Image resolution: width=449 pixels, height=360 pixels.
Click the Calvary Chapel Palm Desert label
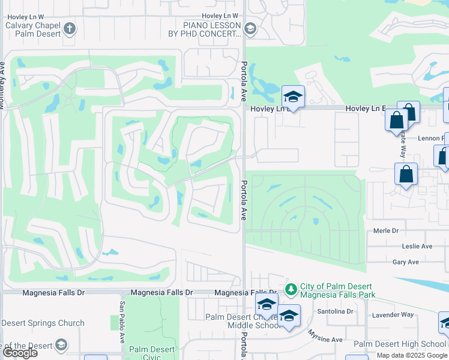(x=32, y=29)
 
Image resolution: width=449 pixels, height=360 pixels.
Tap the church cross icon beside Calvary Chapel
(x=70, y=28)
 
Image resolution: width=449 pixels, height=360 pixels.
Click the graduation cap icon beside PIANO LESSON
(x=250, y=28)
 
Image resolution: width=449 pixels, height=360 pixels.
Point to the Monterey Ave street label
(x=3, y=84)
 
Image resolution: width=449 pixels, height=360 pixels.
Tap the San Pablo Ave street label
(x=122, y=322)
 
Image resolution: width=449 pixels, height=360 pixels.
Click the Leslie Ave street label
(x=417, y=246)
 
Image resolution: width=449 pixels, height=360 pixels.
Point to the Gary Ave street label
(x=405, y=262)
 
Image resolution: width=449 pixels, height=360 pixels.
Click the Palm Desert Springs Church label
(x=42, y=323)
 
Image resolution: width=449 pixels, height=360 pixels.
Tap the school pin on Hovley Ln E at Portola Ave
(x=293, y=96)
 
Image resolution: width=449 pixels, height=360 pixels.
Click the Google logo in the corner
(x=19, y=352)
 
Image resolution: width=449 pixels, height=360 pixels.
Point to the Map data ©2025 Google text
(x=411, y=355)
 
